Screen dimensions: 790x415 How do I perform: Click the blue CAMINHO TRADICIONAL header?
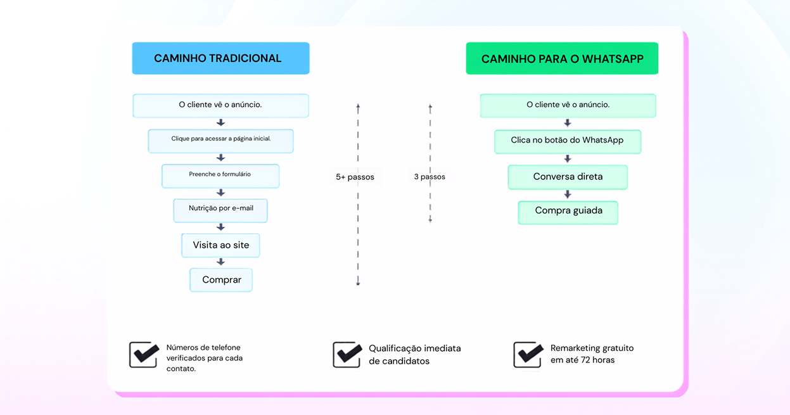click(220, 58)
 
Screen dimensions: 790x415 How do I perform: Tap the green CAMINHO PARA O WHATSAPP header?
click(562, 58)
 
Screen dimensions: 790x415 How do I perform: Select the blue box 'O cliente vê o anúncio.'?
click(220, 105)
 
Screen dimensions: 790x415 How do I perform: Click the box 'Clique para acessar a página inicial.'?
click(220, 141)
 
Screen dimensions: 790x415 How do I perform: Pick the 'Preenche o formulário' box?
click(220, 176)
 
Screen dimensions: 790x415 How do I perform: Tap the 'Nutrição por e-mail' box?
click(220, 210)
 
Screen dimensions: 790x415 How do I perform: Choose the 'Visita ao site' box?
click(220, 245)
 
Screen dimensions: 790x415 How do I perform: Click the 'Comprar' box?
click(221, 280)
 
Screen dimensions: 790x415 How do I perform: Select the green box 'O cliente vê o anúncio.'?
click(568, 105)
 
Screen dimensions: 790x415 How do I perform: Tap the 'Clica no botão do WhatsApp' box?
click(568, 142)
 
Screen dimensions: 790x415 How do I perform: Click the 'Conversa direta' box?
click(568, 177)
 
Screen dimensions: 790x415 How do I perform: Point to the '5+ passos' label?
click(355, 177)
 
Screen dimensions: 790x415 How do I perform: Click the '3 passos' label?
click(430, 176)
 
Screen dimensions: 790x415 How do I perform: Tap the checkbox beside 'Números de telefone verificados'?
click(144, 355)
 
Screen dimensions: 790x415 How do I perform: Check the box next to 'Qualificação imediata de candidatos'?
click(347, 355)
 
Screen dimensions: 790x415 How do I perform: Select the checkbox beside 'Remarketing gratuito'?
click(528, 355)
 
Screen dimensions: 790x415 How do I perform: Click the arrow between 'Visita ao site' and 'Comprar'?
click(220, 262)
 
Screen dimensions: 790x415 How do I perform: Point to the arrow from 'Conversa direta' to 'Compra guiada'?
click(568, 195)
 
